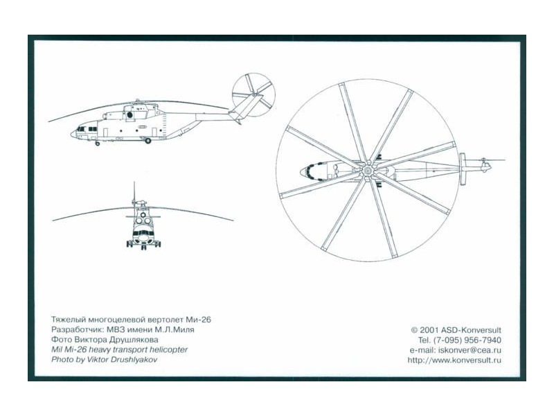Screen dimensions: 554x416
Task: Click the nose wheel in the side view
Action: coord(98,144)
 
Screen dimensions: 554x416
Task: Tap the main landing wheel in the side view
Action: coord(148,141)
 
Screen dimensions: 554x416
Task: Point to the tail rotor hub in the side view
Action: coord(254,94)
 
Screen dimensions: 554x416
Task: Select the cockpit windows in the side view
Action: coord(87,129)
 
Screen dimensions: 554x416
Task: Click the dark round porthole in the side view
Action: coord(129,115)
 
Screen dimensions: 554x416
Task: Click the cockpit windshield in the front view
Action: coord(143,233)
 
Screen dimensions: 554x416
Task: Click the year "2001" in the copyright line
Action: coord(429,330)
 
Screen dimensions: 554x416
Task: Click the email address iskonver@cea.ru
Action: coord(470,350)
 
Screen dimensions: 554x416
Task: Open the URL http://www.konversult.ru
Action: coord(454,360)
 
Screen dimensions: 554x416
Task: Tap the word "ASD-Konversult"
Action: coord(471,330)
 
